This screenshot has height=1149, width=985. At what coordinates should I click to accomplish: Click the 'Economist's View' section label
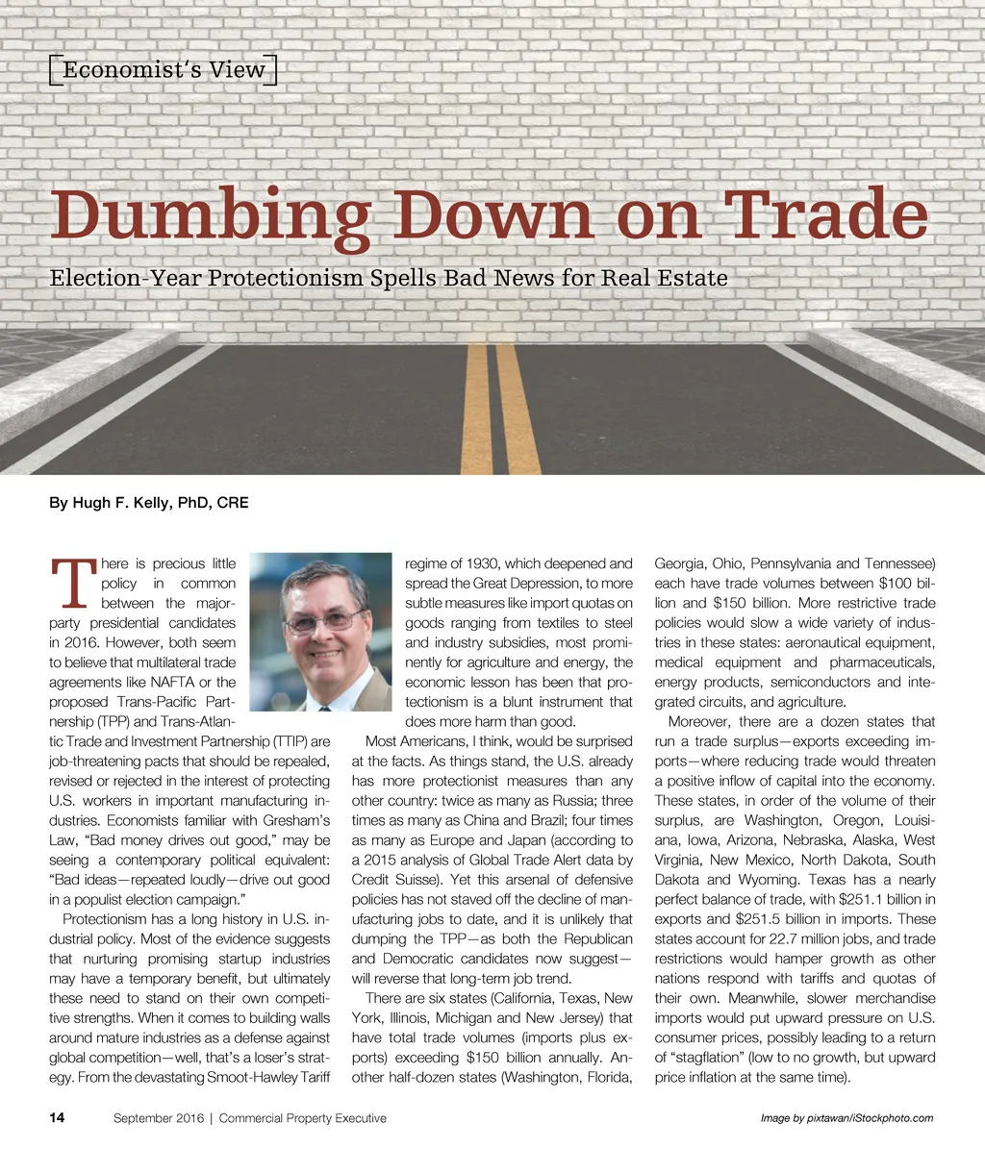click(x=163, y=69)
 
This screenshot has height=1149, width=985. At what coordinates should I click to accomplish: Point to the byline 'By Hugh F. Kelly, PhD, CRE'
click(x=148, y=503)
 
